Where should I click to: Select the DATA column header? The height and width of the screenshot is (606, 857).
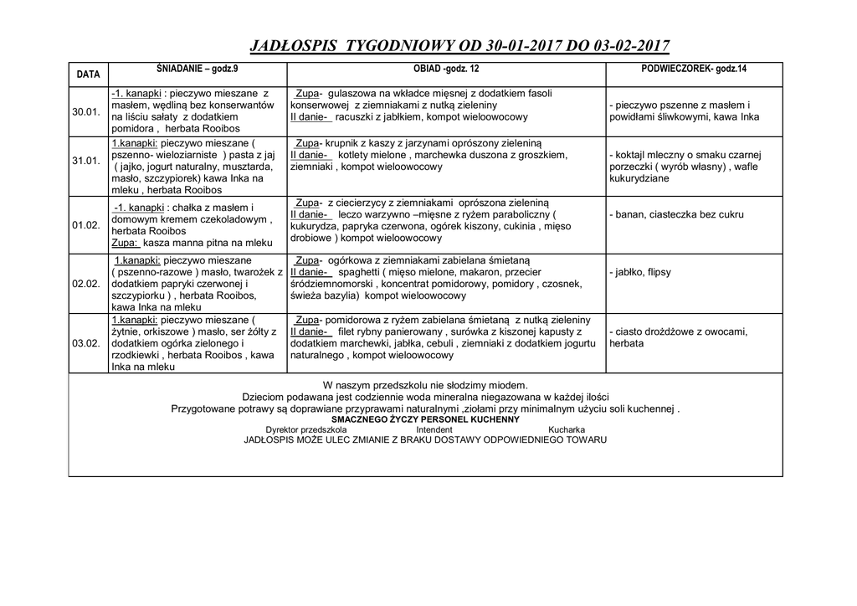[x=88, y=74]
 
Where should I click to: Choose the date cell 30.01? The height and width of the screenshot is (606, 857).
[x=86, y=112]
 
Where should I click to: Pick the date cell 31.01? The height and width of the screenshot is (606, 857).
[x=86, y=161]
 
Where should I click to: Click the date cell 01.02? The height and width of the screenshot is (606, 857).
[x=86, y=225]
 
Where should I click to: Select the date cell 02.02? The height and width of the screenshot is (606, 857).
[x=86, y=284]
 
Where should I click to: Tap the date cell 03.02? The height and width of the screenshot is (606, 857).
[x=86, y=343]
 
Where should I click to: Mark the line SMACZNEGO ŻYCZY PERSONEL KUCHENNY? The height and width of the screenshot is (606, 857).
[x=425, y=419]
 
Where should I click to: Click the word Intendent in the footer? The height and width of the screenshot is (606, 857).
[x=434, y=429]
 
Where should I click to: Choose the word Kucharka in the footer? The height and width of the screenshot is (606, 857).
[x=567, y=429]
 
